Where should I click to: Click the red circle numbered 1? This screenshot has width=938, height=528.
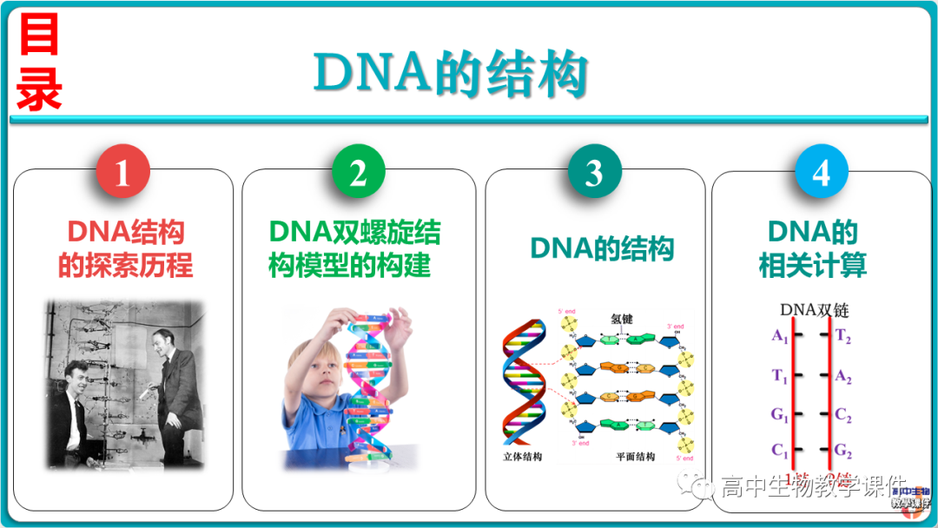tap(122, 173)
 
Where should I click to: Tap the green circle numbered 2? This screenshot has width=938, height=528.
tap(357, 173)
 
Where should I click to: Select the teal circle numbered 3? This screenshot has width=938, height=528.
tap(594, 173)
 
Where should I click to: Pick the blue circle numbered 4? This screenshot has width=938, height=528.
tap(821, 173)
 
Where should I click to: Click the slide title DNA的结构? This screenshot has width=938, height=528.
tap(451, 75)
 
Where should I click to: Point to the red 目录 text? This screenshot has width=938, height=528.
tap(39, 65)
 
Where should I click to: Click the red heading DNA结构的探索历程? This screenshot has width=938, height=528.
tap(125, 249)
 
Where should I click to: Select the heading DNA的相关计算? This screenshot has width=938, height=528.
tap(813, 249)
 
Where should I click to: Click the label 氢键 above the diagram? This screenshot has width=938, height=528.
tap(622, 319)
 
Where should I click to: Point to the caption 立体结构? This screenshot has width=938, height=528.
tap(522, 456)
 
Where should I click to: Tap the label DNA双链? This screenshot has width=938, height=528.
tap(813, 310)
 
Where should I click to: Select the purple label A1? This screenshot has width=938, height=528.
tap(779, 336)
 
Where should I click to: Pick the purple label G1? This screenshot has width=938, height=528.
tap(779, 414)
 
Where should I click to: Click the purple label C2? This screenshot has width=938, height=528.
tap(843, 415)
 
